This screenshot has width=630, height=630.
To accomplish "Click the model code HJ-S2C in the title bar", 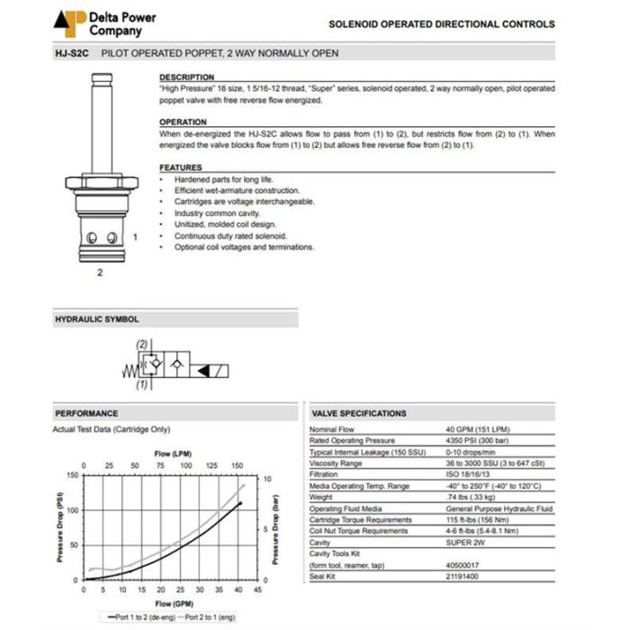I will pos(71,53).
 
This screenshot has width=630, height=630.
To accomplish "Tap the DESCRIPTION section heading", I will pos(186,77).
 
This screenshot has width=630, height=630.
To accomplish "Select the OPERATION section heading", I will pos(183,122).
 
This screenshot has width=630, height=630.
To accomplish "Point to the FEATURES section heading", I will pos(181,167).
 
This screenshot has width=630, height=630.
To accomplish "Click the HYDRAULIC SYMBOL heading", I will pos(97,319).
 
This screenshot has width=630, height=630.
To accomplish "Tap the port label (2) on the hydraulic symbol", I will pos(141,345).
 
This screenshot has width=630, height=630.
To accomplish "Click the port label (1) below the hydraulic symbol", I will pos(141,385).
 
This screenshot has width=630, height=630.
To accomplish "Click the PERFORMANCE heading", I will pos(86,413).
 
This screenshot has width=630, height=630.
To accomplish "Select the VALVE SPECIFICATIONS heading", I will pos(358,413).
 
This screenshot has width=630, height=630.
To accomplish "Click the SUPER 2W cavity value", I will pos(464,543).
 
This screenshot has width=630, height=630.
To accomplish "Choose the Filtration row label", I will pos(324,474).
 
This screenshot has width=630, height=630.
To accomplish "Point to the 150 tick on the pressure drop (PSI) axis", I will pos(73,475).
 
